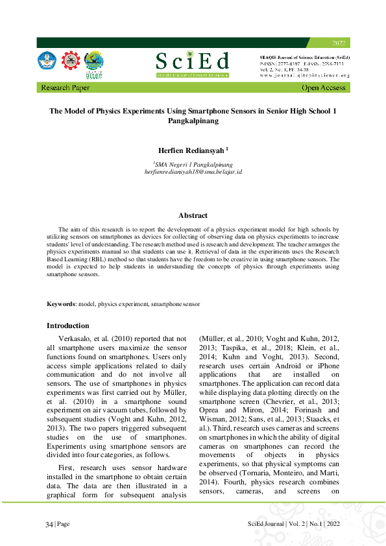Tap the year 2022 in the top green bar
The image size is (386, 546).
click(339, 43)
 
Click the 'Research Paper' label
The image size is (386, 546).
click(66, 88)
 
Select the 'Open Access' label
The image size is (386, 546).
click(324, 88)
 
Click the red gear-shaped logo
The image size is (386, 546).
click(70, 61)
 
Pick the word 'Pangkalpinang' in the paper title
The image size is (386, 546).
click(193, 121)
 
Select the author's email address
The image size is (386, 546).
click(193, 172)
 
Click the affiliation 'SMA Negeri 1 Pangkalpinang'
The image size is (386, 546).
click(193, 165)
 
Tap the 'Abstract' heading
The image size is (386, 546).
click(193, 215)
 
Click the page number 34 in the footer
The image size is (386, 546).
click(49, 524)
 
